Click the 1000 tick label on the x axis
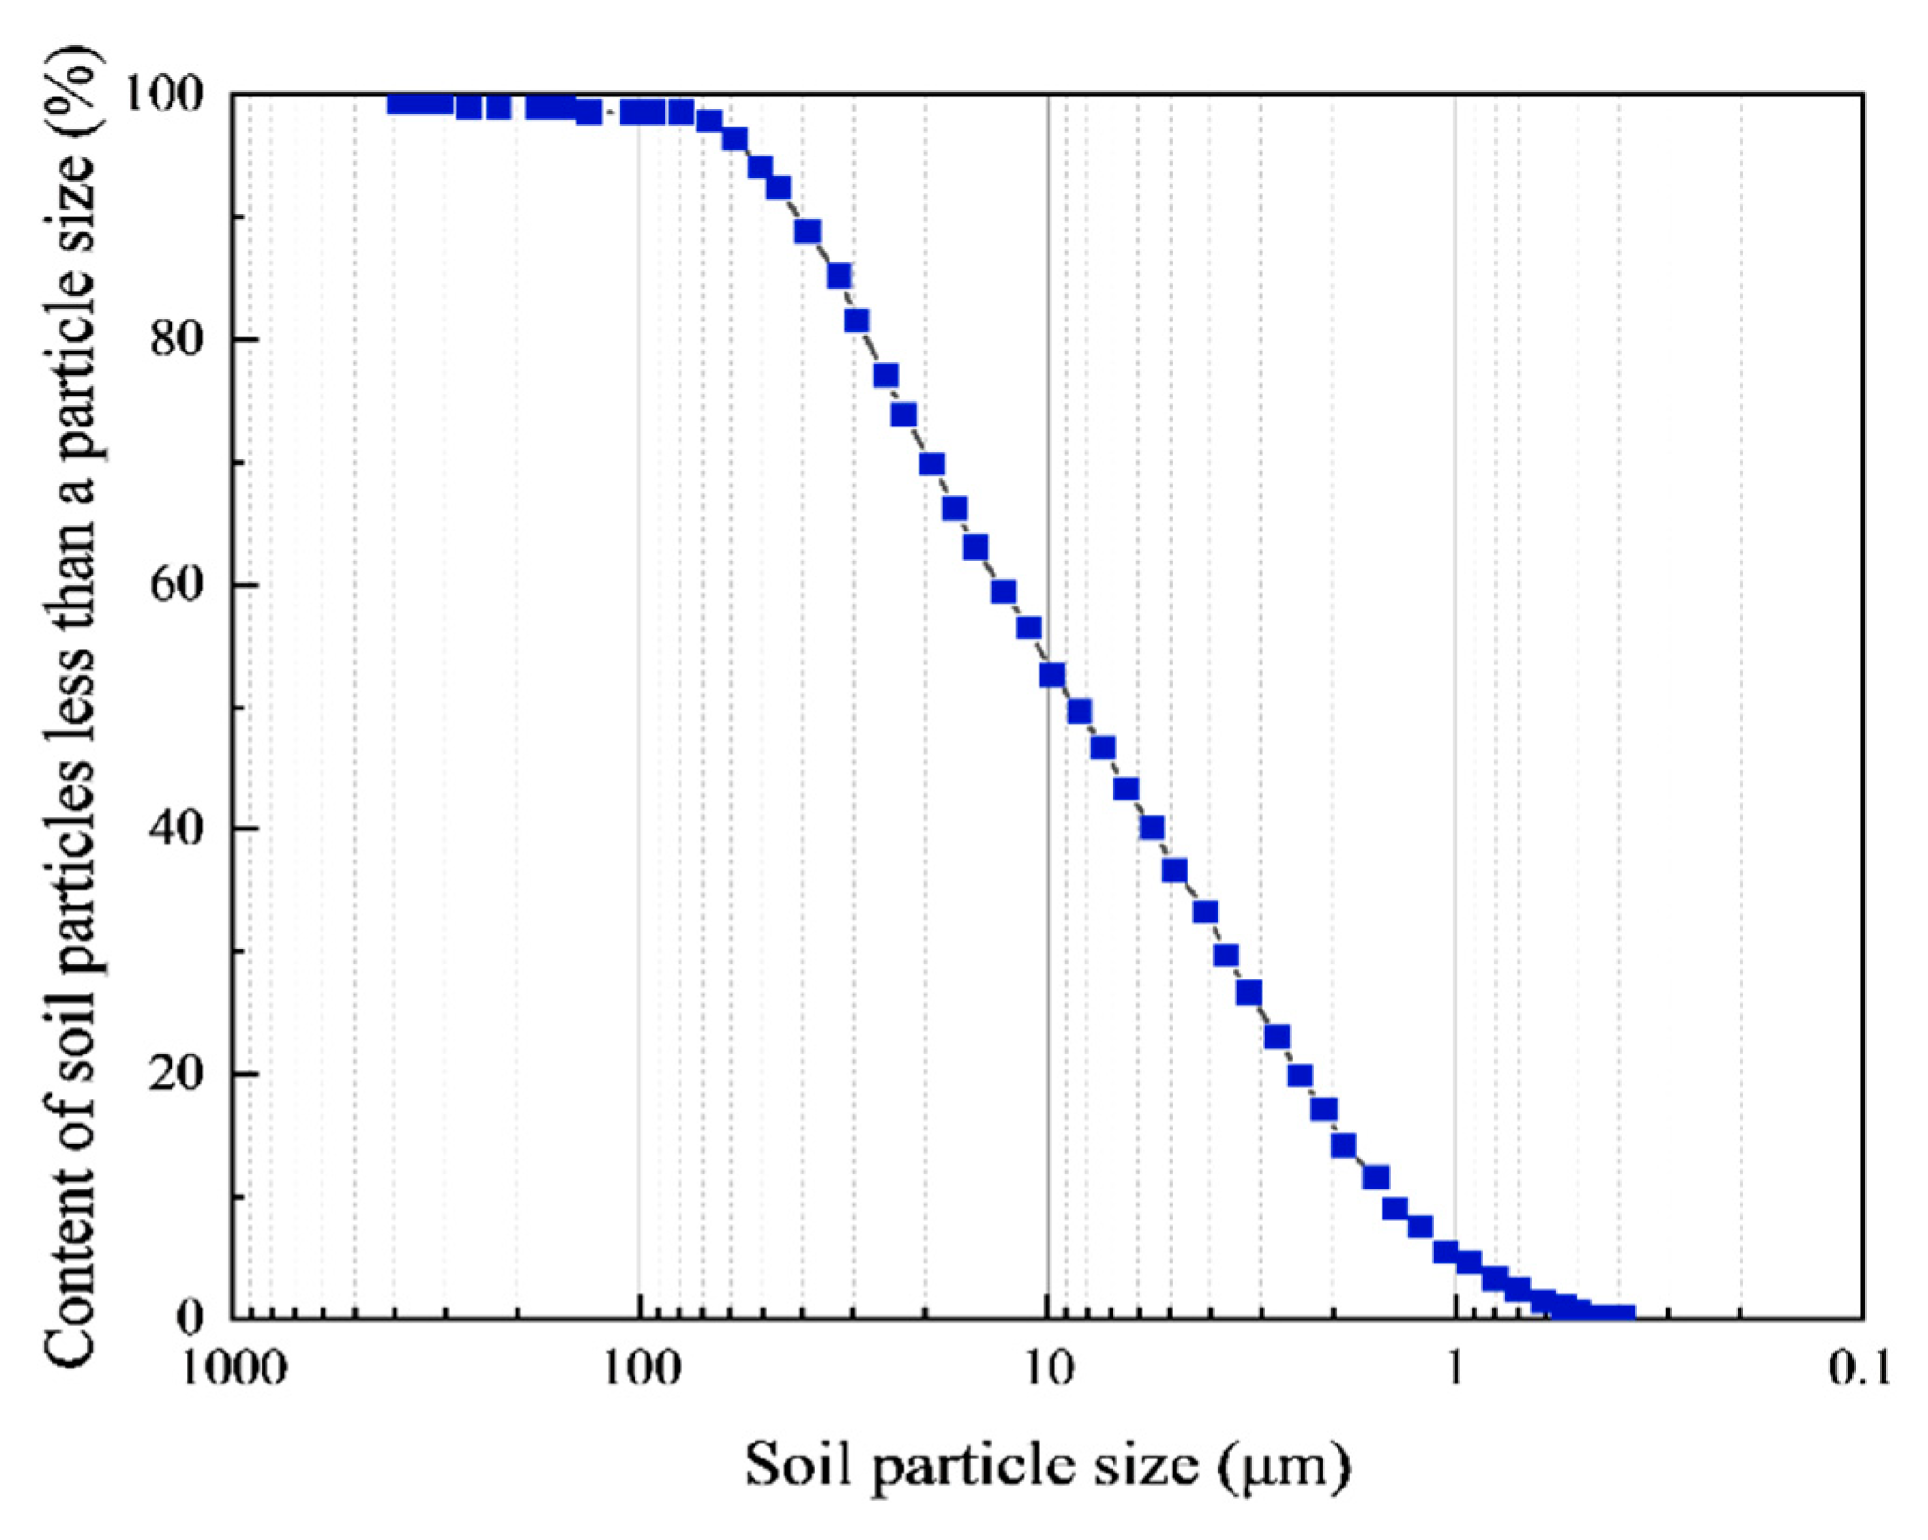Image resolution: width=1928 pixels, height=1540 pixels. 232,1369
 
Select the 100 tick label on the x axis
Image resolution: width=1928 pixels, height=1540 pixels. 640,1369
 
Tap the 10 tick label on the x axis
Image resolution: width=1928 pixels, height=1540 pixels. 1048,1369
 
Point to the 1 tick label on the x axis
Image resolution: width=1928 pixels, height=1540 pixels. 1456,1369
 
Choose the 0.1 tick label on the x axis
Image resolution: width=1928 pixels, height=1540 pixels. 1860,1369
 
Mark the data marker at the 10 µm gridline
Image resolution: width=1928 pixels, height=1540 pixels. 1053,675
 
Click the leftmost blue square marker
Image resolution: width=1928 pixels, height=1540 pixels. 400,103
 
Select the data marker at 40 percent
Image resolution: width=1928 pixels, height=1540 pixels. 1152,828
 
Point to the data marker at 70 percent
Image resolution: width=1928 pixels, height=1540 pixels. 932,464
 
